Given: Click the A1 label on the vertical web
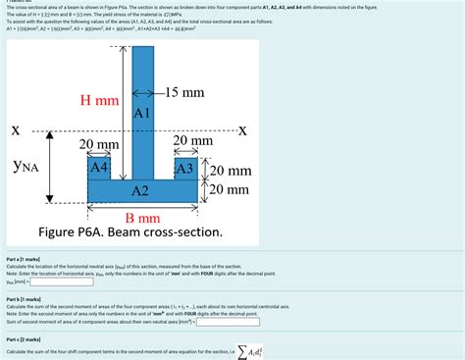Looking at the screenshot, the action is (141, 113).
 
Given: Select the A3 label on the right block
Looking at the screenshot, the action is (184, 168).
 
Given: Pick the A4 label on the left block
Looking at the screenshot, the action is (99, 168).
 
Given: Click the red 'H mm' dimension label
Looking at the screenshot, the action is (99, 100).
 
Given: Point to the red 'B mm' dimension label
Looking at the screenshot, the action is (142, 217).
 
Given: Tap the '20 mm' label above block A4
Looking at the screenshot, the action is (98, 144).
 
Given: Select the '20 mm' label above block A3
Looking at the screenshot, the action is (192, 142).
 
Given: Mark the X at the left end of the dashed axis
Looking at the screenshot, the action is (15, 130).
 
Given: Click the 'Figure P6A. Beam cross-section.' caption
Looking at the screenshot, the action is (130, 233).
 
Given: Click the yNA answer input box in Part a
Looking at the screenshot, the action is (61, 281).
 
